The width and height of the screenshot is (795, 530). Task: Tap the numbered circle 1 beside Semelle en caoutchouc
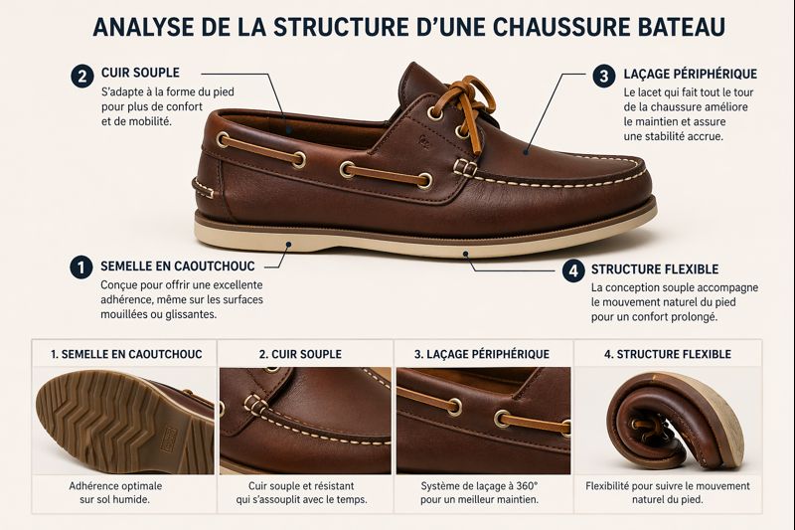click(81, 266)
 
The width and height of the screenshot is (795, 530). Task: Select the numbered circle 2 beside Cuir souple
click(81, 75)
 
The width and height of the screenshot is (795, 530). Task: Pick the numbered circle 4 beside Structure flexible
click(572, 270)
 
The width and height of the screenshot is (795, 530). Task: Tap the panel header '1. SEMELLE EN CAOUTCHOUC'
click(125, 354)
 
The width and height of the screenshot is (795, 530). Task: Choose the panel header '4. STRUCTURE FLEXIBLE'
click(667, 354)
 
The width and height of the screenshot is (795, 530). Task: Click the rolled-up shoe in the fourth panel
click(671, 422)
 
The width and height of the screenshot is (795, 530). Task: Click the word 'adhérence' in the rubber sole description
click(128, 299)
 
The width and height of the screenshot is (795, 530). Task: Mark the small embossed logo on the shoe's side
click(421, 141)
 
